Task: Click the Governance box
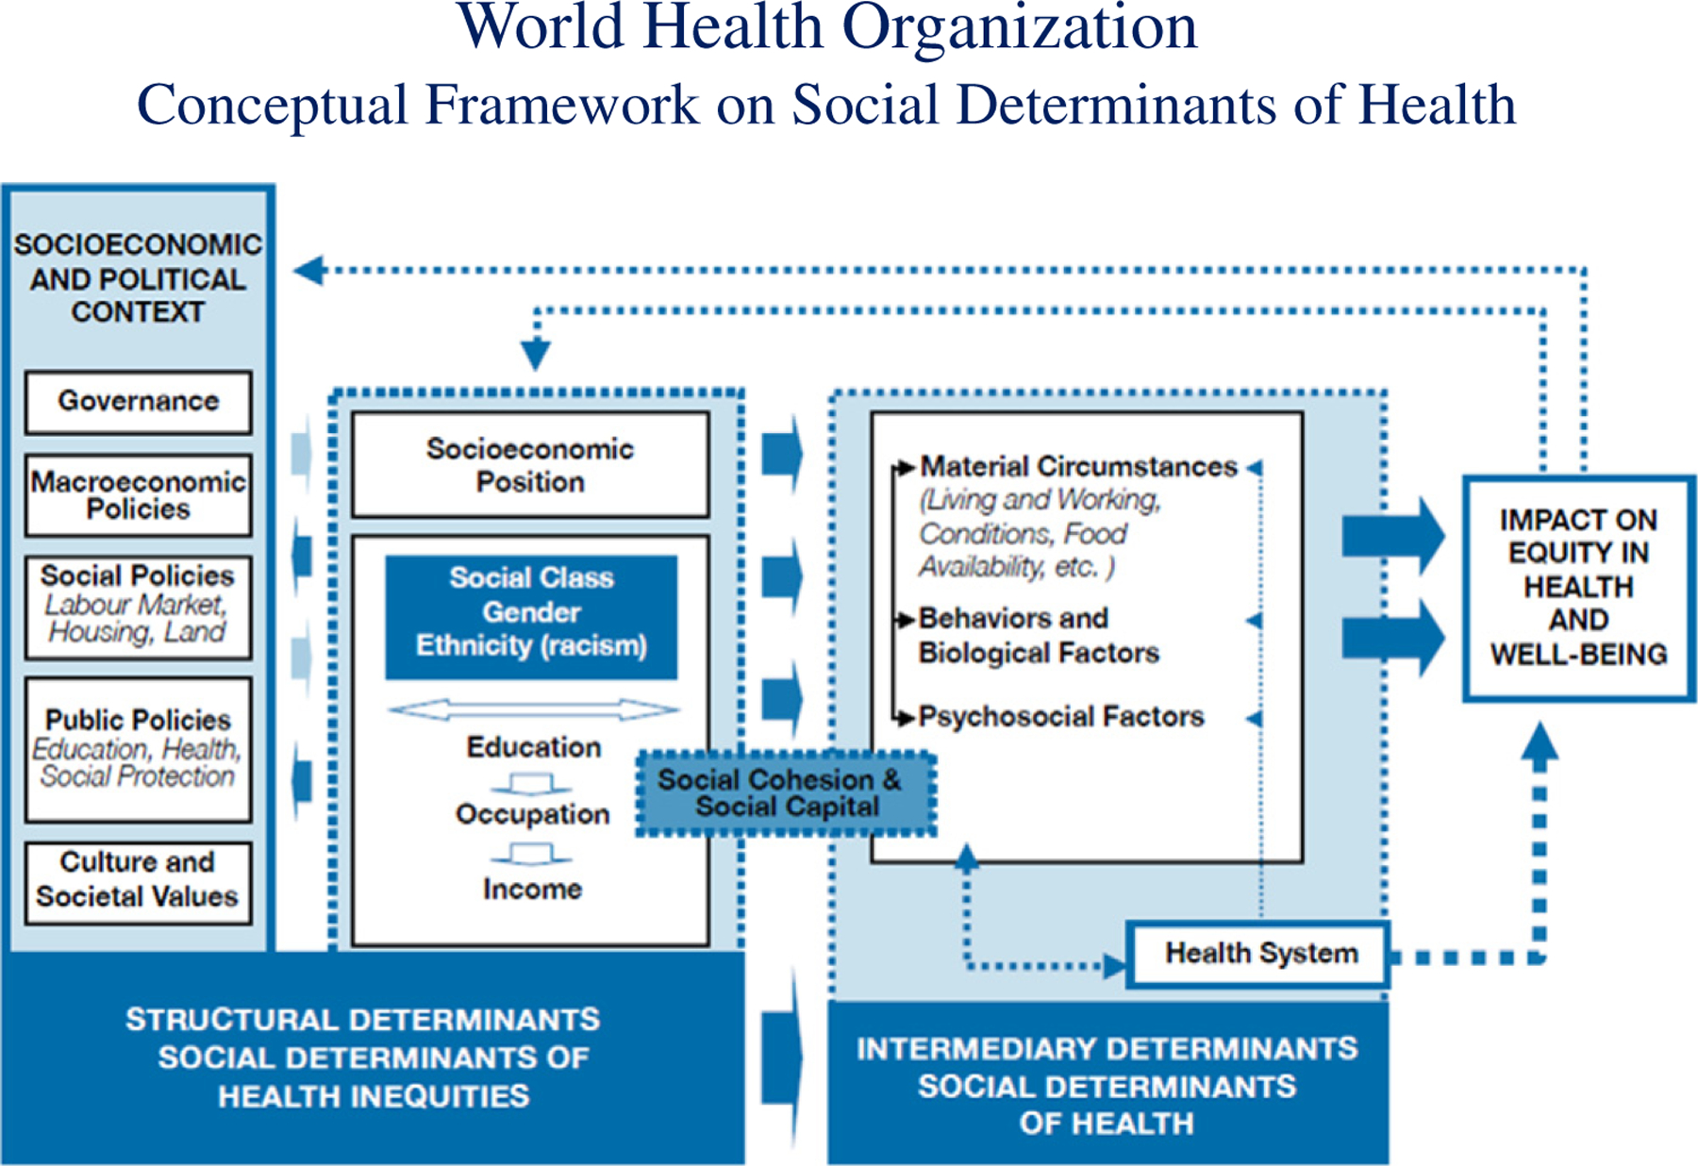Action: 139,402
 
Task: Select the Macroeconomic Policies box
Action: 139,495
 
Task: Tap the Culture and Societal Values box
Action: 139,880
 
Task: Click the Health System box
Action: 1259,954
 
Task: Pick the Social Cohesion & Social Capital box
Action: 786,793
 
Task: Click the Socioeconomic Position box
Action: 530,465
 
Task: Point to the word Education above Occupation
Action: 533,747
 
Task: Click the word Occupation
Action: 533,814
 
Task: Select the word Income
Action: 533,889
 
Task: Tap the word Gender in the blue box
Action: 532,612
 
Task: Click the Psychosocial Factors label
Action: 1061,717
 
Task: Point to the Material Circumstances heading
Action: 1078,467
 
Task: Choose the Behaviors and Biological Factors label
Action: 1038,635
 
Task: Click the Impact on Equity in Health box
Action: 1578,588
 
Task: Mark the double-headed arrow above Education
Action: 533,709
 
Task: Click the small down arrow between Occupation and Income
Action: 532,854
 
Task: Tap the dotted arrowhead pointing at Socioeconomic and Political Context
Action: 308,271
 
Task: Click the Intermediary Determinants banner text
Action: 1107,1086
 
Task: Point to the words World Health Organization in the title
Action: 827,28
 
